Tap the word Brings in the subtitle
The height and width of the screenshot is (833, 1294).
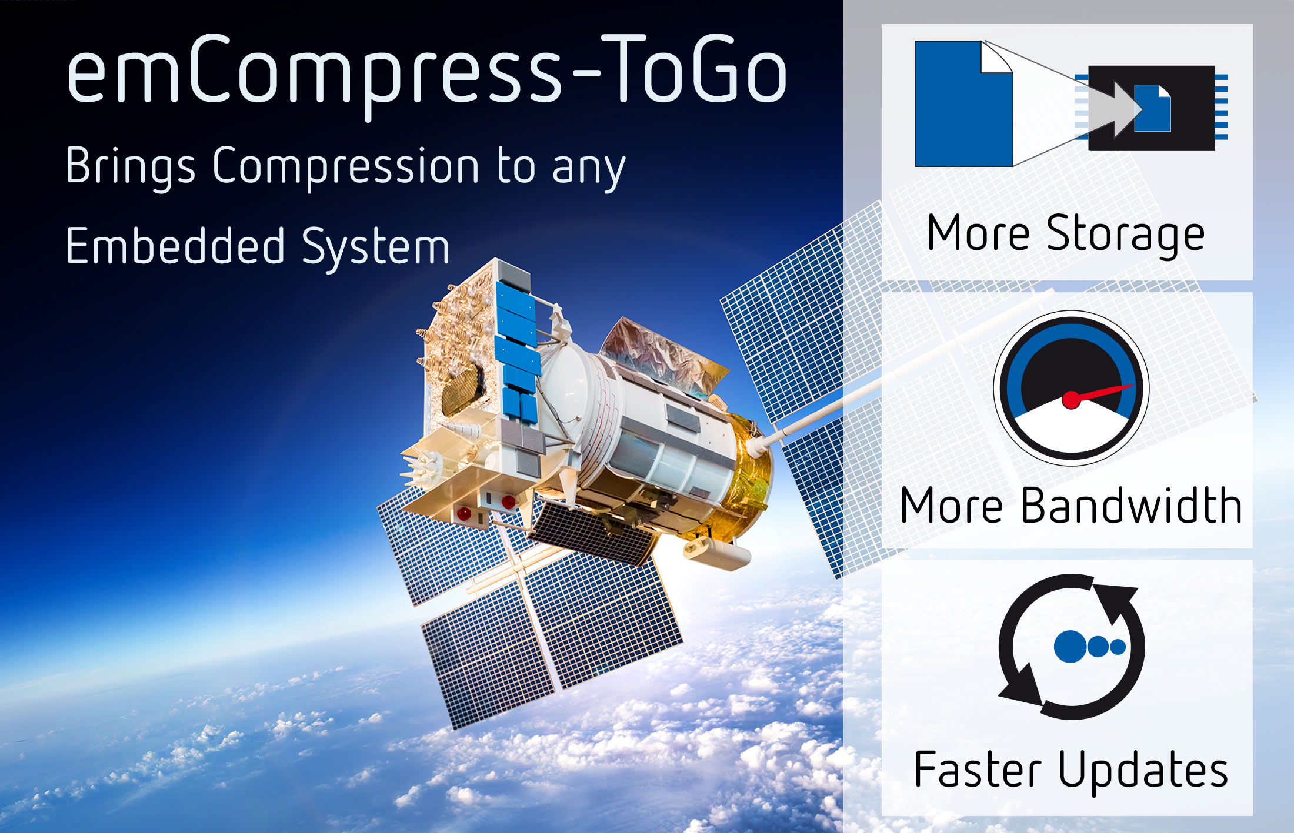point(130,166)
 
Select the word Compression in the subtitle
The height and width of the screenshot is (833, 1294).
point(346,166)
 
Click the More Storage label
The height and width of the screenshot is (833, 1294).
point(1066,234)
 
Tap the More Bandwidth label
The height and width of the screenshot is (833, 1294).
point(1070,506)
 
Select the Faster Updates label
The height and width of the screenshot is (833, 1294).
point(1071,770)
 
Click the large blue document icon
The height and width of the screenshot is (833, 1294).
point(962,105)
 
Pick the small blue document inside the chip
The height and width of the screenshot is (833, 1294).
point(1152,108)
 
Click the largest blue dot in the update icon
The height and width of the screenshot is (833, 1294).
point(1070,647)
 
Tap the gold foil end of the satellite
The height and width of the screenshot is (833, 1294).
point(750,470)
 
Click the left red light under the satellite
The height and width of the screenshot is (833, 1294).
point(463,514)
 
